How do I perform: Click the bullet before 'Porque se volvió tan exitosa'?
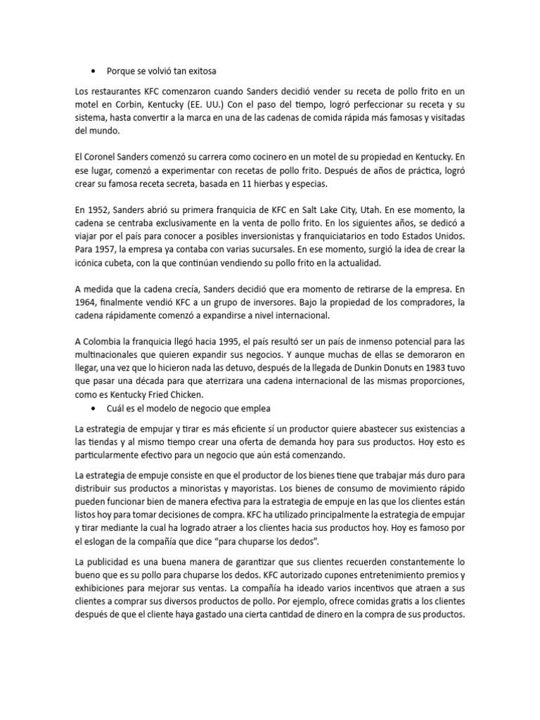[x=94, y=71]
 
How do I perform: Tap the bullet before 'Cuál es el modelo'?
[x=94, y=408]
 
